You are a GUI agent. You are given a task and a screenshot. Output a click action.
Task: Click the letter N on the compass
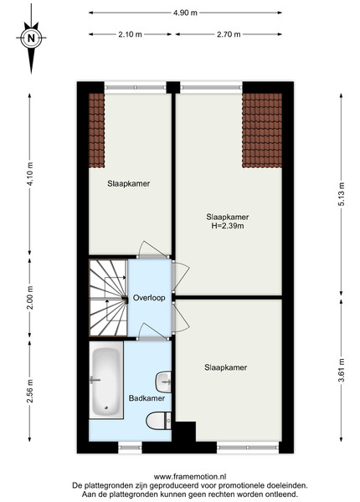31,38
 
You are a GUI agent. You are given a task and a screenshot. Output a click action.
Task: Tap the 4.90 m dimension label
185,13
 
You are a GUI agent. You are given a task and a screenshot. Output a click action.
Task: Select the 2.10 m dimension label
130,34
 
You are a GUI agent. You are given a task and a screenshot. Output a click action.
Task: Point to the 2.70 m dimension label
229,34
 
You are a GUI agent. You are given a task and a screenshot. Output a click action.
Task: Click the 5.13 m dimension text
342,194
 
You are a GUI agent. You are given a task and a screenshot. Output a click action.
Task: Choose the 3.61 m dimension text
342,370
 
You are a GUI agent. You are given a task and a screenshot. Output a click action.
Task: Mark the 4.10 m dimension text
30,174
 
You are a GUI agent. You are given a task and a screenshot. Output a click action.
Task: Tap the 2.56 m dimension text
30,391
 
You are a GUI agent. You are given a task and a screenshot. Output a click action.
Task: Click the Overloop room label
149,298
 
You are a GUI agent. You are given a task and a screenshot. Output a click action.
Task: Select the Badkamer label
147,398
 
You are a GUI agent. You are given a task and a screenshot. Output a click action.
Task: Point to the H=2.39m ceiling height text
228,226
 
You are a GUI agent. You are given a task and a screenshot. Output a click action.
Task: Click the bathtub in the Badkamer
106,380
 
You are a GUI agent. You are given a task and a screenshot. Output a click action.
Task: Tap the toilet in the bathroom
159,421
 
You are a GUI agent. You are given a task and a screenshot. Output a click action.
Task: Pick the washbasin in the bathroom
163,382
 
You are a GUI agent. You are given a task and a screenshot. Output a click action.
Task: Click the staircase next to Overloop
108,298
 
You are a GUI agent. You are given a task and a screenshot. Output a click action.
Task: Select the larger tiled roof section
262,131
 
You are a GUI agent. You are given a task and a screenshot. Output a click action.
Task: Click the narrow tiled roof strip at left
97,131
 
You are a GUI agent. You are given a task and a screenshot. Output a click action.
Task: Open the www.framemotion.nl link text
190,477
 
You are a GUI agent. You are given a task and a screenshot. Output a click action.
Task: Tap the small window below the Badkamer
130,448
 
